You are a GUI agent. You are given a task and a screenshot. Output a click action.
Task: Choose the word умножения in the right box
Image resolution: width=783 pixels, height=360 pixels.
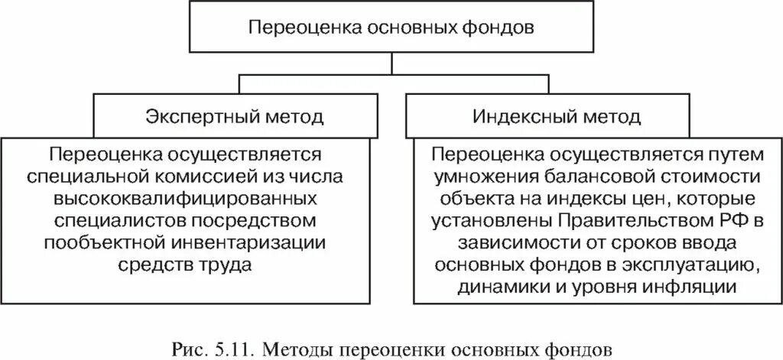473,177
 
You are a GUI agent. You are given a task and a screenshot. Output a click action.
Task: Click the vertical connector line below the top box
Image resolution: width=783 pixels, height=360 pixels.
391,63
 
